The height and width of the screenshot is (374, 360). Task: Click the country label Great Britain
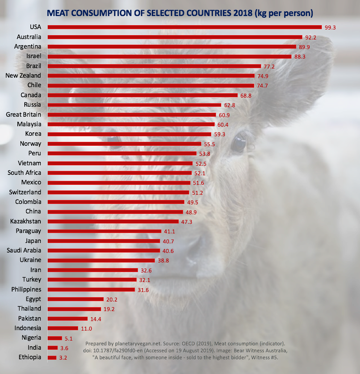pos(23,115)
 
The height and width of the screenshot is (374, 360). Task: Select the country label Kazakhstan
pos(26,221)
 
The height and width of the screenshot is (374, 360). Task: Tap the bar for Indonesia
pos(63,328)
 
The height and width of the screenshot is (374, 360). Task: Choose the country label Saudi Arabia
pos(24,250)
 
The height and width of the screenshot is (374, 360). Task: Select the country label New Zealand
pos(23,75)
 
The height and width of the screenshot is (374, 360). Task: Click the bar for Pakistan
pos(68,318)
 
